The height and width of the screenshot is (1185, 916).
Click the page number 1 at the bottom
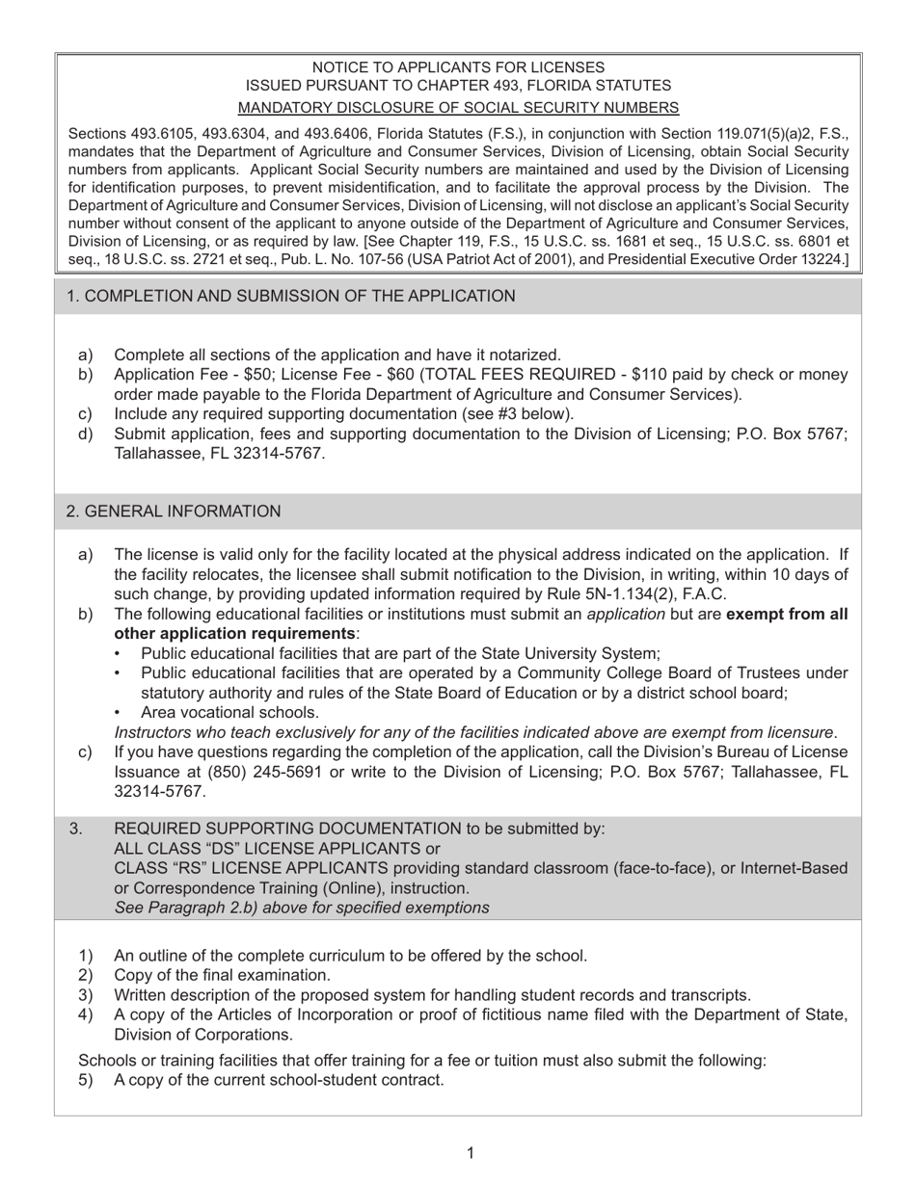click(x=470, y=1153)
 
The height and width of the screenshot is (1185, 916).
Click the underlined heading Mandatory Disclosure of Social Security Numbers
click(x=458, y=107)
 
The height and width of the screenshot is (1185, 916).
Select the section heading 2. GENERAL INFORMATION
click(x=174, y=512)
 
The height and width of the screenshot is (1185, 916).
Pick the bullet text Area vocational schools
click(x=229, y=712)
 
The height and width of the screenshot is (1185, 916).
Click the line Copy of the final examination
click(x=222, y=975)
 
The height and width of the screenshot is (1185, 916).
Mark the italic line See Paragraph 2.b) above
click(x=301, y=908)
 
